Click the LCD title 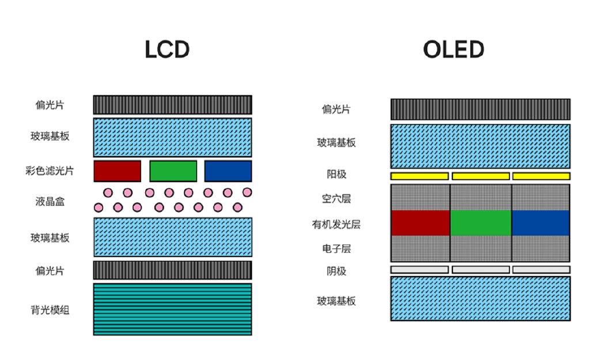(x=167, y=50)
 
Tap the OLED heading (x=453, y=50)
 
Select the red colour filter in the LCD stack (x=117, y=171)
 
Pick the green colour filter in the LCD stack (x=173, y=171)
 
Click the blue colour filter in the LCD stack (x=228, y=171)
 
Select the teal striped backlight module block (x=172, y=309)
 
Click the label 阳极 (x=336, y=175)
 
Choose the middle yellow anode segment (x=481, y=176)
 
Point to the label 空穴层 (x=336, y=199)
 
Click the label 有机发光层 (x=336, y=224)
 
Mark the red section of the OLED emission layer (x=420, y=223)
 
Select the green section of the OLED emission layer (x=481, y=223)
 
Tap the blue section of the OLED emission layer (x=540, y=223)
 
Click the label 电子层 (x=336, y=249)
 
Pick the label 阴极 (x=336, y=271)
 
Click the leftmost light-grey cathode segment (x=419, y=270)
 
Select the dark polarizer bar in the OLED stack (x=481, y=109)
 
